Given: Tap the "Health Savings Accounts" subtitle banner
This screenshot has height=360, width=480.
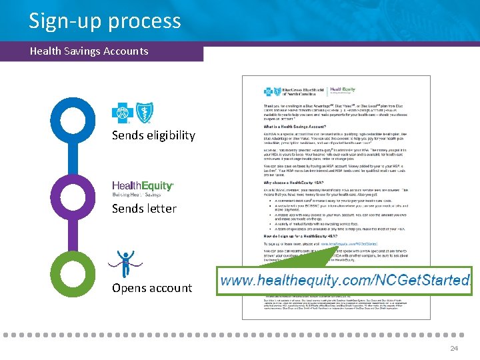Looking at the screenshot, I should tap(89, 51).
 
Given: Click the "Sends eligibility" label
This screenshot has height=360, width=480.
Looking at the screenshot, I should tap(153, 135).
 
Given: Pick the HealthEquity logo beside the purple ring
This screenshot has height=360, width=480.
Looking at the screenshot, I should tap(143, 189).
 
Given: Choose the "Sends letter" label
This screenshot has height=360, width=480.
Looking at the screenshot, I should tap(144, 209).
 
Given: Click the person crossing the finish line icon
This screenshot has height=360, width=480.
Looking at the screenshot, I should tap(125, 263).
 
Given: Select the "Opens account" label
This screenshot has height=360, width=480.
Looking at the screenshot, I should tap(152, 288).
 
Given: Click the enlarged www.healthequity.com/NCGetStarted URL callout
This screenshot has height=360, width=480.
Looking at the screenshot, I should tap(345, 281).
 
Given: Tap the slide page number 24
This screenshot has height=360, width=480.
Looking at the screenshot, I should tap(454, 348).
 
